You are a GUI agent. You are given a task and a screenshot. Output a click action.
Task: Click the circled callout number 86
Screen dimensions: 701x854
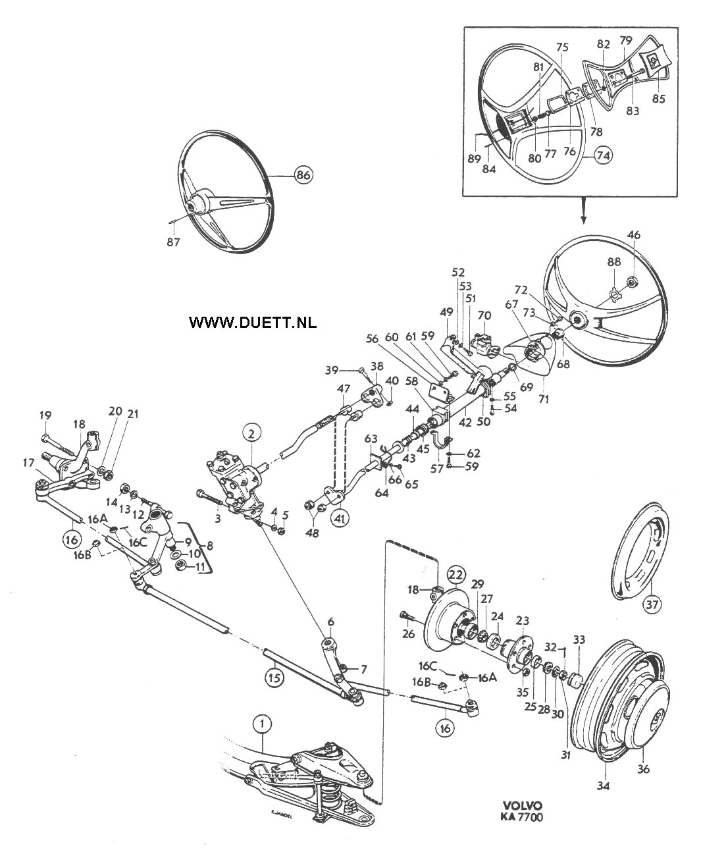pyautogui.click(x=304, y=175)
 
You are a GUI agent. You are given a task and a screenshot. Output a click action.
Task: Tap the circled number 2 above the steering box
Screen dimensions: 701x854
pyautogui.click(x=251, y=434)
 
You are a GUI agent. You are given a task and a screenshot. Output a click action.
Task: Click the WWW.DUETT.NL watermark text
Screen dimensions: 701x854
pyautogui.click(x=253, y=322)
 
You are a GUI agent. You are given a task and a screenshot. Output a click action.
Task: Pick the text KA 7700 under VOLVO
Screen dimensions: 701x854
pyautogui.click(x=522, y=828)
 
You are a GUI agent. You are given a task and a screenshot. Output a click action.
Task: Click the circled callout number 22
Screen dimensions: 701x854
pyautogui.click(x=456, y=575)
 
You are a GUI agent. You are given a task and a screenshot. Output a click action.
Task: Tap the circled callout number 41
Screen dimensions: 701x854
pyautogui.click(x=340, y=518)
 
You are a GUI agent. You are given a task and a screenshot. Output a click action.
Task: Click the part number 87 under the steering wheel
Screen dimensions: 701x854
pyautogui.click(x=173, y=242)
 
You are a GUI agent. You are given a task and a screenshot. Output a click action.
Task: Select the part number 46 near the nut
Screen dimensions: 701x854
pyautogui.click(x=634, y=234)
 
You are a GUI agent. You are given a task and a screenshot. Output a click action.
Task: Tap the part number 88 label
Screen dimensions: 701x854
pyautogui.click(x=614, y=262)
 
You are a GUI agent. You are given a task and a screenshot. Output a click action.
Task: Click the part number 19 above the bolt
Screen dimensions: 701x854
pyautogui.click(x=45, y=415)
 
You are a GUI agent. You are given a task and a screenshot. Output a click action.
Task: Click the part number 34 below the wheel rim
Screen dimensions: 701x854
pyautogui.click(x=603, y=797)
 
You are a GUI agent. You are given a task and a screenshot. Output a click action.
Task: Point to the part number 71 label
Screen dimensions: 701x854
pyautogui.click(x=544, y=399)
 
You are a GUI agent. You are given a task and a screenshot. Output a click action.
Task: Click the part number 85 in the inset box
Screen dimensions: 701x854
pyautogui.click(x=658, y=98)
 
